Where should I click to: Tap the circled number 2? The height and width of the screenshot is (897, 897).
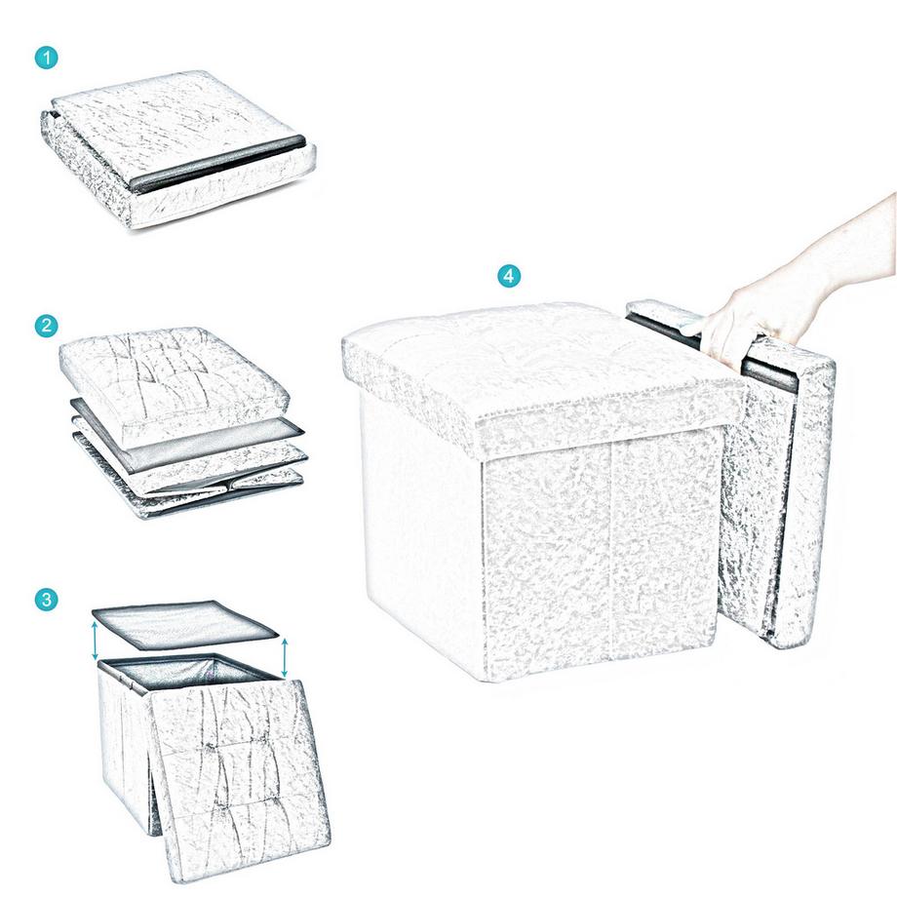tap(46, 327)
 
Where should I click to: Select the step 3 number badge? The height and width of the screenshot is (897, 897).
tap(46, 598)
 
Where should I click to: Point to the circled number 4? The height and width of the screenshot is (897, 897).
tap(508, 276)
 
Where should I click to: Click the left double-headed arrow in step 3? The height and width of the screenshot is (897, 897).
tap(96, 643)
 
